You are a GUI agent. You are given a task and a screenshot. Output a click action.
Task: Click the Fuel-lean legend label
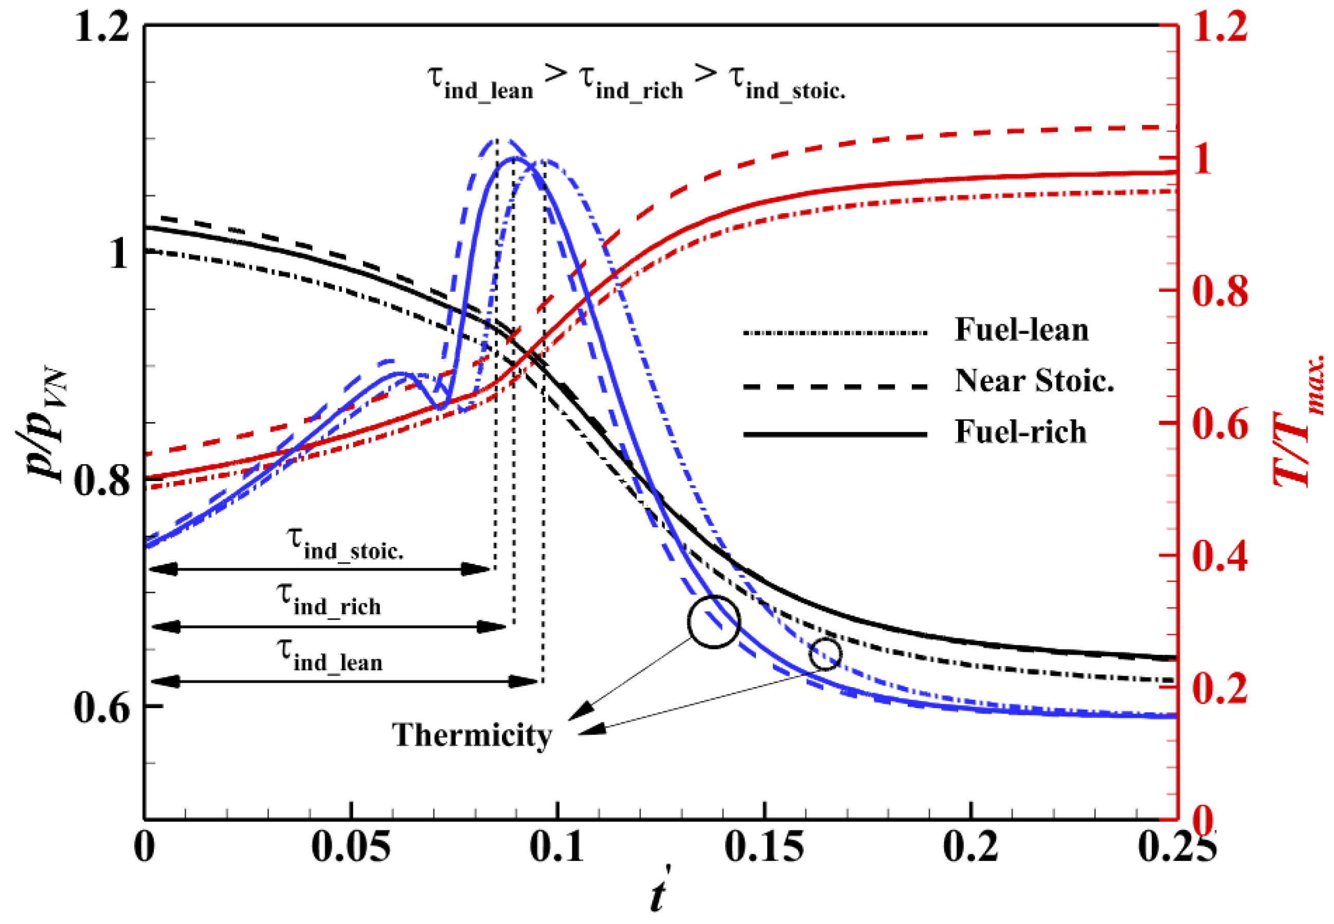1022,330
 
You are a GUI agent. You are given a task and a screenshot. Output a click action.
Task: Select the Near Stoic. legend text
1035,381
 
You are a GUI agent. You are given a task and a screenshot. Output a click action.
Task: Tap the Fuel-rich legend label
1021,432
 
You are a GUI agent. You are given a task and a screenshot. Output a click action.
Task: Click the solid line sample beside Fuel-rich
835,434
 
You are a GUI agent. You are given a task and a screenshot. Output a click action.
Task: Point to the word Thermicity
472,735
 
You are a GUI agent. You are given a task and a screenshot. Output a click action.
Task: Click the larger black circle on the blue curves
714,622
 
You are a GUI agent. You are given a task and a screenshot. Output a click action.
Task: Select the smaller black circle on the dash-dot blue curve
825,654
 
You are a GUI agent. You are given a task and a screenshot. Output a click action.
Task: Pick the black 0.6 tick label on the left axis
101,708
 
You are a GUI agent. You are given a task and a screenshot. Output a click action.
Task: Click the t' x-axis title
659,895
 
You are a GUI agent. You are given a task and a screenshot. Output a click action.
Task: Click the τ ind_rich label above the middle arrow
329,601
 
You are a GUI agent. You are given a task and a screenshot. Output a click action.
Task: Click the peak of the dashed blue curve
497,140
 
